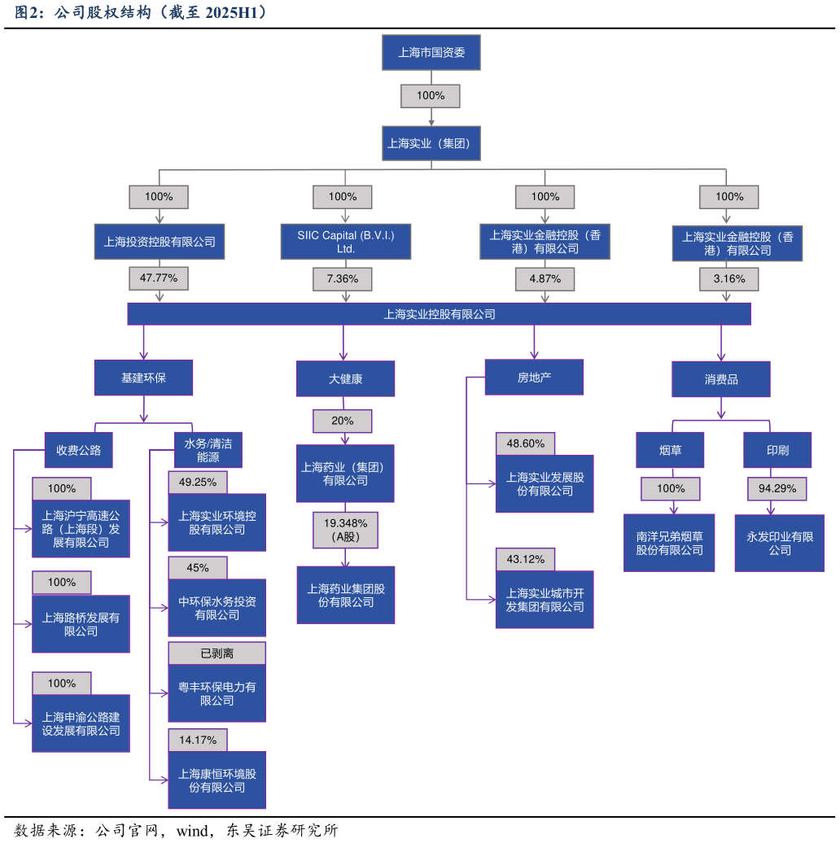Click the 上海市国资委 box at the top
pyautogui.click(x=431, y=53)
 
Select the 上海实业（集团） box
pyautogui.click(x=431, y=143)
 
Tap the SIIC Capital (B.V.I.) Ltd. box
pyautogui.click(x=345, y=242)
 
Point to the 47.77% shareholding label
pyautogui.click(x=159, y=278)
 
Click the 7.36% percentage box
pyautogui.click(x=342, y=278)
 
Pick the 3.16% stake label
pyautogui.click(x=729, y=278)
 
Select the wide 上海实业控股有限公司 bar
pyautogui.click(x=439, y=313)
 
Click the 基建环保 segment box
pyautogui.click(x=143, y=378)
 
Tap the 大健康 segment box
pyautogui.click(x=345, y=378)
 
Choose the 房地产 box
pyautogui.click(x=534, y=377)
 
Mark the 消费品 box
pyautogui.click(x=720, y=379)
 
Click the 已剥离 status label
pyautogui.click(x=217, y=653)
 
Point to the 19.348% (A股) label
pyautogui.click(x=345, y=530)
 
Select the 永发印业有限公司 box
pyautogui.click(x=779, y=543)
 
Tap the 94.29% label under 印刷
pyautogui.click(x=777, y=488)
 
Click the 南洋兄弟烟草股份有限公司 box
pyautogui.click(x=669, y=543)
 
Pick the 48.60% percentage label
pyautogui.click(x=525, y=443)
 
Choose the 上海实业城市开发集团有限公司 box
pyautogui.click(x=545, y=600)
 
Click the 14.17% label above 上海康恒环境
pyautogui.click(x=198, y=740)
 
